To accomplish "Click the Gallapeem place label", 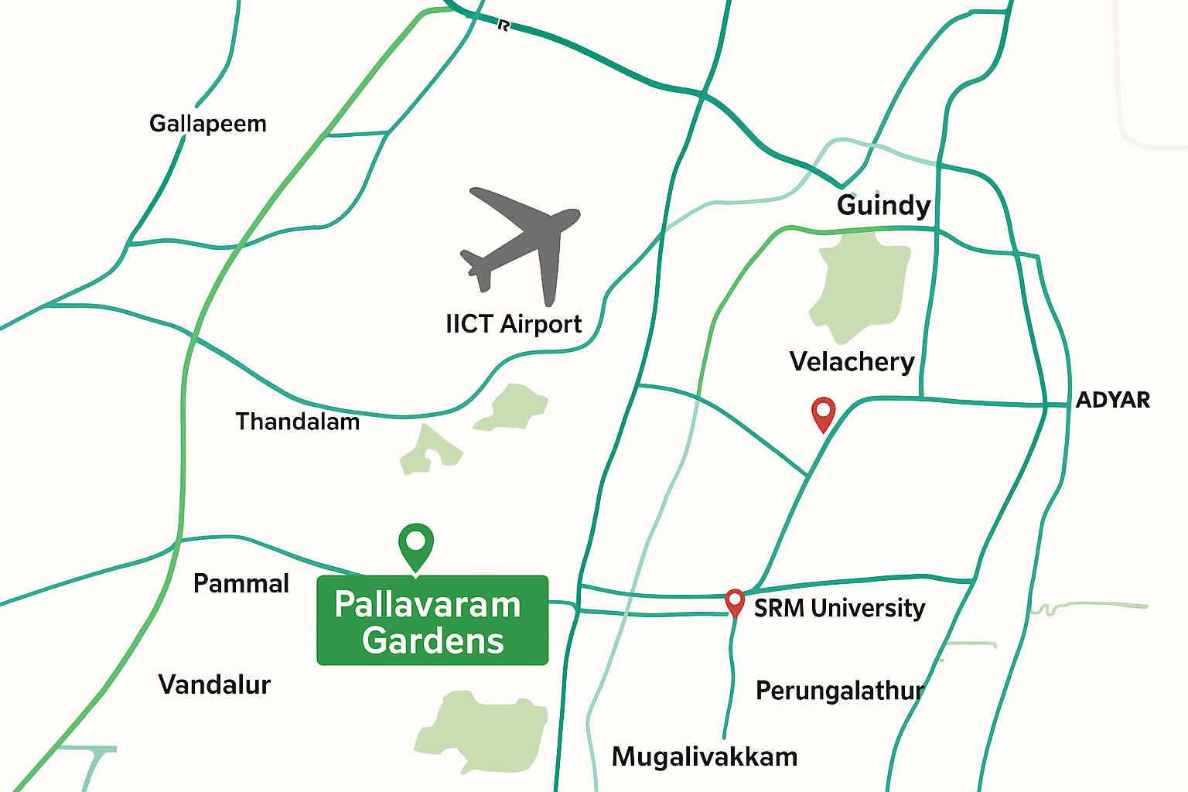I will pyautogui.click(x=207, y=124).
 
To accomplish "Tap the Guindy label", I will pyautogui.click(x=883, y=206).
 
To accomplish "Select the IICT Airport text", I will pyautogui.click(x=514, y=324).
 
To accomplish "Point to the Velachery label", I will pyautogui.click(x=852, y=362).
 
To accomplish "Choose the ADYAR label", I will pyautogui.click(x=1112, y=400).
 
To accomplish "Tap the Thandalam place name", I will pyautogui.click(x=298, y=422).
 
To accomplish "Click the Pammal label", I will pyautogui.click(x=241, y=583).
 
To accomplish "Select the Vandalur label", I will pyautogui.click(x=214, y=684).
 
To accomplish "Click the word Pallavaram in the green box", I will pyautogui.click(x=428, y=605).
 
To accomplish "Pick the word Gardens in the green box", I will pyautogui.click(x=432, y=641).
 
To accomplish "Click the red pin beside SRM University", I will pyautogui.click(x=734, y=601).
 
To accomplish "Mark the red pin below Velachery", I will pyautogui.click(x=823, y=411).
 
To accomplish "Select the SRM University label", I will pyautogui.click(x=839, y=609).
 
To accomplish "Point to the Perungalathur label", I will pyautogui.click(x=839, y=690).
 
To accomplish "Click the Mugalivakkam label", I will pyautogui.click(x=705, y=756).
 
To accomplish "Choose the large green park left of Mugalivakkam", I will pyautogui.click(x=483, y=731).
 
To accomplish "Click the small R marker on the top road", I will pyautogui.click(x=504, y=26).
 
